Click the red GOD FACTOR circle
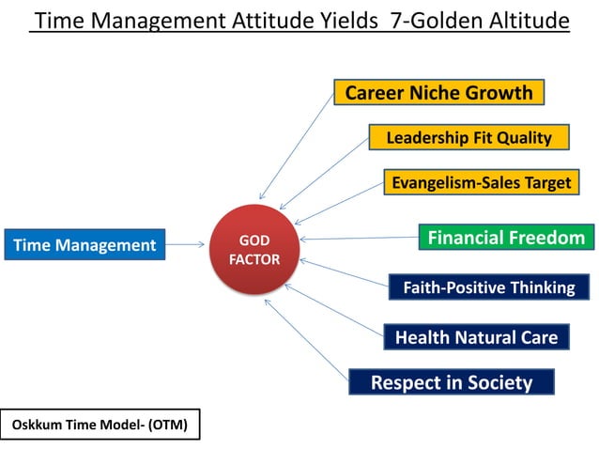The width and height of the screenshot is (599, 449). (253, 250)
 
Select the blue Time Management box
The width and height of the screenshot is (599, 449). (84, 245)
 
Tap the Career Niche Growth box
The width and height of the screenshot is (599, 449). (438, 92)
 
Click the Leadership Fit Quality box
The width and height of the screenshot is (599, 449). (468, 137)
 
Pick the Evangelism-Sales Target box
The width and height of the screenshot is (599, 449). (481, 182)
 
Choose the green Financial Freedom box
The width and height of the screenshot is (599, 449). (506, 238)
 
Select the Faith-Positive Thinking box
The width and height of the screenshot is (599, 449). (488, 287)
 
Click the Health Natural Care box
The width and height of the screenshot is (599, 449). (476, 336)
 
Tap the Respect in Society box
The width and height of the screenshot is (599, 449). (451, 382)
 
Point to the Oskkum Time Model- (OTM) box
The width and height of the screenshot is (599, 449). (100, 425)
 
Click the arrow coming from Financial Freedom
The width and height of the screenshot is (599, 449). (357, 239)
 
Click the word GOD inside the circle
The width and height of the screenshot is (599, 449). (254, 241)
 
